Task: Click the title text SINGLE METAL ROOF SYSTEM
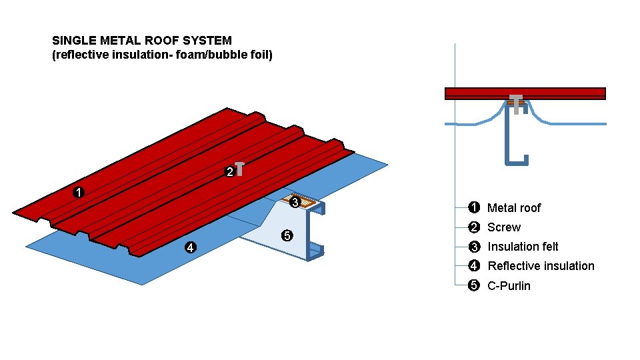pyautogui.click(x=142, y=41)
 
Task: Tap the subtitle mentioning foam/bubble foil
pyautogui.click(x=163, y=55)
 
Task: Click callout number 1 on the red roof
pyautogui.click(x=79, y=193)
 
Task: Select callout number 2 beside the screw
pyautogui.click(x=229, y=172)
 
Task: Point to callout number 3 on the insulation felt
pyautogui.click(x=296, y=201)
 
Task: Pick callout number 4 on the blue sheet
pyautogui.click(x=191, y=248)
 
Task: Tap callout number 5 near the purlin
pyautogui.click(x=287, y=235)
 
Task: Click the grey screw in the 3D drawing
pyautogui.click(x=239, y=169)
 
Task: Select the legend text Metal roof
pyautogui.click(x=514, y=208)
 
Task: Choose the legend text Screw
pyautogui.click(x=504, y=227)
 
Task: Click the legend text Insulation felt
pyautogui.click(x=523, y=247)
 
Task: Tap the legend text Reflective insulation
pyautogui.click(x=541, y=266)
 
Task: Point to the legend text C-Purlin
pyautogui.click(x=509, y=286)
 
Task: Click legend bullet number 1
pyautogui.click(x=473, y=208)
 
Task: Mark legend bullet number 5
pyautogui.click(x=473, y=286)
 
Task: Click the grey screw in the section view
pyautogui.click(x=515, y=104)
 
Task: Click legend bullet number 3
pyautogui.click(x=473, y=247)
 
